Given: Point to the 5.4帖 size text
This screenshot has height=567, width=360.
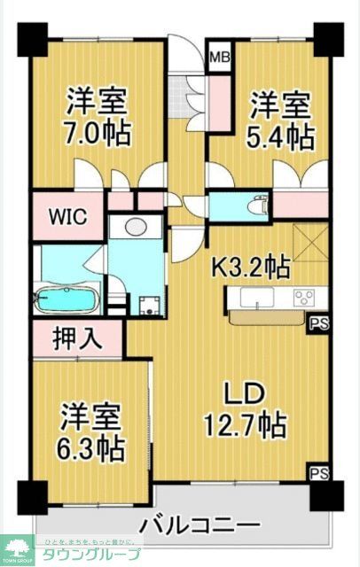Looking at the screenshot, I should coord(280,137).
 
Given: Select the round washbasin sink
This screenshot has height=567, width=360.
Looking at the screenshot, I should coord(137,227).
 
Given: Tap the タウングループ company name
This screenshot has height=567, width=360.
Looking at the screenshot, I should coord(98,554).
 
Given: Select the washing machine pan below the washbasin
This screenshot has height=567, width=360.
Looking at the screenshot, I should coord(148,307).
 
